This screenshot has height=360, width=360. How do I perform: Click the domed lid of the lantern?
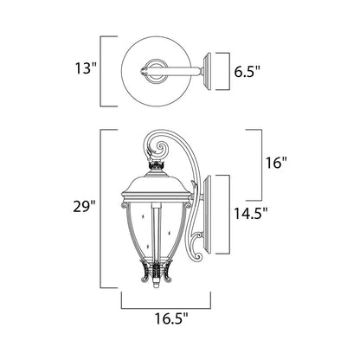156,188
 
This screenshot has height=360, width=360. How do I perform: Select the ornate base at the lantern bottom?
156,277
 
